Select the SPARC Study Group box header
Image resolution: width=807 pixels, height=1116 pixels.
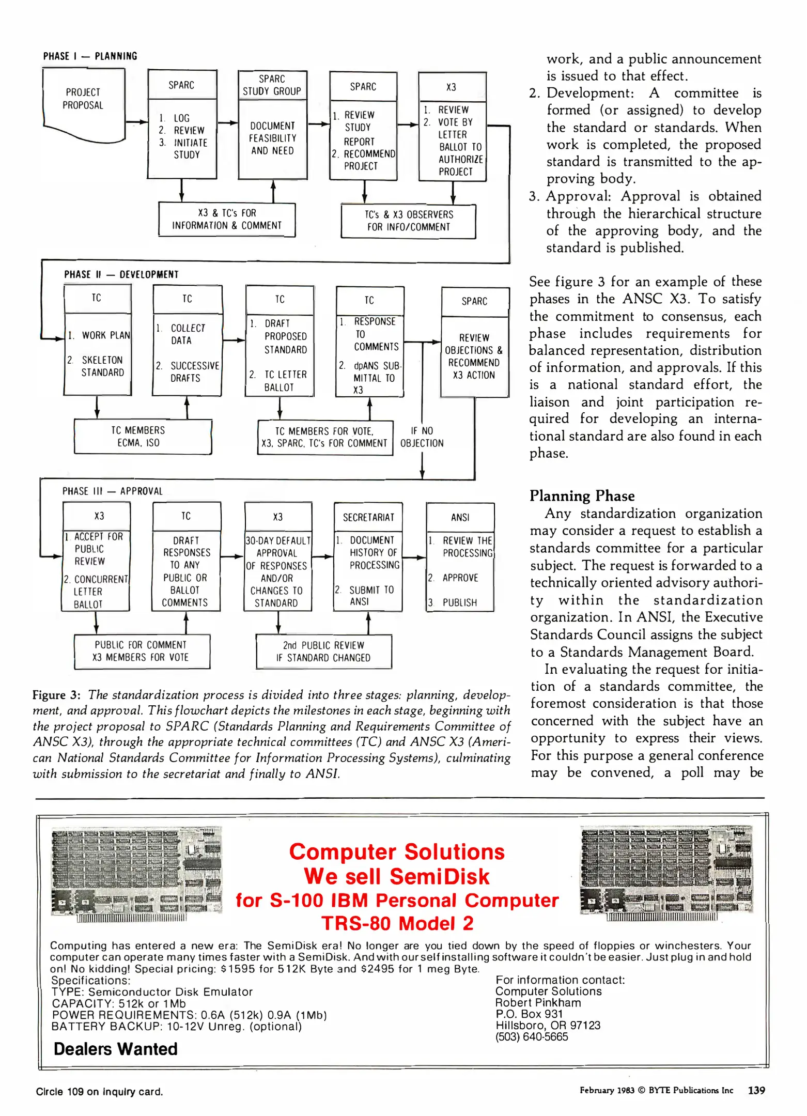272,85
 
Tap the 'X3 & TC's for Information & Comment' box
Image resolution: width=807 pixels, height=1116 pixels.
227,220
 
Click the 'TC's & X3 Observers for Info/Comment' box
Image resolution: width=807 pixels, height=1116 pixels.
408,221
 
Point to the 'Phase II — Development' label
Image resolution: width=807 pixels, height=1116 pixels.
121,274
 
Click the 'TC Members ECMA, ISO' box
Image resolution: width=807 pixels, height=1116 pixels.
138,437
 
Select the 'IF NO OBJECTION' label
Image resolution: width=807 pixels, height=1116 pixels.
422,437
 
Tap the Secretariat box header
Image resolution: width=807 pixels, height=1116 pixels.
368,517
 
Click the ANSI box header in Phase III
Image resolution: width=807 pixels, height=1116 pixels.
460,518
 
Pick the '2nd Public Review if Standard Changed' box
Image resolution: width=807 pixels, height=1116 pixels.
323,652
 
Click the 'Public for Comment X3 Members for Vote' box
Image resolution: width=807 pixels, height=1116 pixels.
141,651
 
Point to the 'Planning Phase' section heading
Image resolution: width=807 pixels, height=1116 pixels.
582,496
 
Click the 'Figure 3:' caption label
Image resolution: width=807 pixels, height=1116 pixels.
56,695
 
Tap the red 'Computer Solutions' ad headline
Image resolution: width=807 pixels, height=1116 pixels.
397,852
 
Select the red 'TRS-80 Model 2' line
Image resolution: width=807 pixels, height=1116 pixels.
397,923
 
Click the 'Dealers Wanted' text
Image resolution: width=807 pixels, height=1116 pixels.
115,1049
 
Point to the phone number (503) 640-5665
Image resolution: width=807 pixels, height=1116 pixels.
531,1036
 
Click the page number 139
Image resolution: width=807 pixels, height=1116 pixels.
756,1090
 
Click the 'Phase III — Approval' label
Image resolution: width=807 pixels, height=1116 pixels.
113,491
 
